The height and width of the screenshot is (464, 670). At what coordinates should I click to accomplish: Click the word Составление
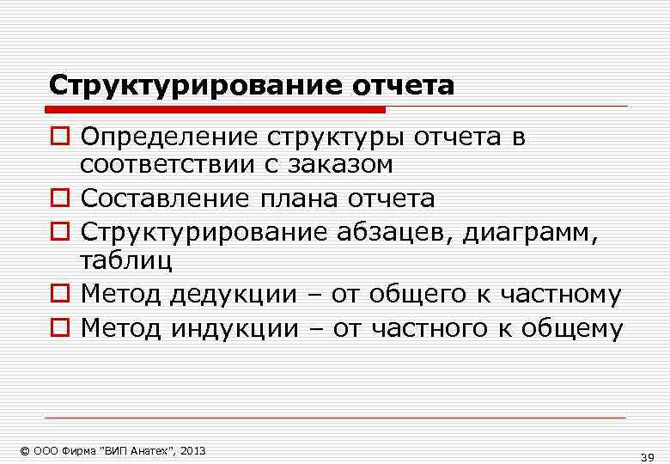pos(164,199)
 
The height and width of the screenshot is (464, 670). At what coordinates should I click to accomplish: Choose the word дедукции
pos(230,295)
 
